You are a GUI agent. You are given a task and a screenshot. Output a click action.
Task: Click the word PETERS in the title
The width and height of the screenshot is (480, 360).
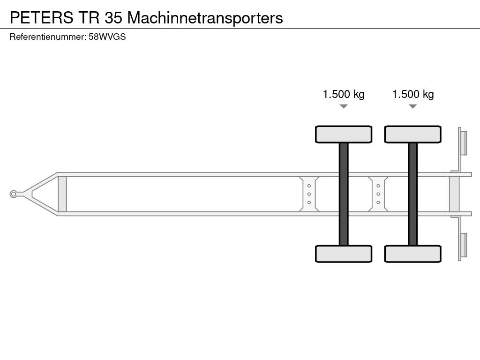click(41, 18)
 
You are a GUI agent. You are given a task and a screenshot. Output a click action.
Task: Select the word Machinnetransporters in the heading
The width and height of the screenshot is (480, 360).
click(205, 18)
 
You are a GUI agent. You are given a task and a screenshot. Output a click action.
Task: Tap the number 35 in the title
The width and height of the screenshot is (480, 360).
click(114, 18)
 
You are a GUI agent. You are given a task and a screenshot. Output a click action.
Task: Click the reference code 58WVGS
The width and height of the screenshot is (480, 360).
click(107, 37)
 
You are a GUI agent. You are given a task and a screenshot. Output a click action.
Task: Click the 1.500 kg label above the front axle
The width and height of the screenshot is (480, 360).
click(344, 94)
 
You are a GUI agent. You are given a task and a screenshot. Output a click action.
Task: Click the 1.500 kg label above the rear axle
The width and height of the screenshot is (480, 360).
click(413, 94)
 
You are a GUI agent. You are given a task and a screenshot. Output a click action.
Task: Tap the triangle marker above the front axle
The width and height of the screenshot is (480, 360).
click(344, 106)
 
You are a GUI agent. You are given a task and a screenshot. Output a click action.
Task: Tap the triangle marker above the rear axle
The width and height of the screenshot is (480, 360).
click(412, 106)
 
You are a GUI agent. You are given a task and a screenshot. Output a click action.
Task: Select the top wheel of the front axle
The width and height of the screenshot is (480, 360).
click(344, 134)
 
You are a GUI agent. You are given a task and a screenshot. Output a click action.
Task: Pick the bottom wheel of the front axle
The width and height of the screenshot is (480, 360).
click(344, 254)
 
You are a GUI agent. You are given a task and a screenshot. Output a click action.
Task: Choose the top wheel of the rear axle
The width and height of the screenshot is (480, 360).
click(412, 134)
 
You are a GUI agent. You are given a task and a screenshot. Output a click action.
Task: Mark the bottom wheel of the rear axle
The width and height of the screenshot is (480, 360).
click(412, 254)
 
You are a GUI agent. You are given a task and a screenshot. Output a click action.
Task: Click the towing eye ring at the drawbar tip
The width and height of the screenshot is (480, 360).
click(14, 194)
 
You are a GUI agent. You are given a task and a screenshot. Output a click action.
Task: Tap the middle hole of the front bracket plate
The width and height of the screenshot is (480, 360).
click(309, 194)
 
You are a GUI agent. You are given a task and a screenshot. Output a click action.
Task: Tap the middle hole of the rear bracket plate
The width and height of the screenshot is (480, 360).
click(378, 194)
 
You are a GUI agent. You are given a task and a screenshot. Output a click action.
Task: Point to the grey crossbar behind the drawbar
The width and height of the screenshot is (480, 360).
click(62, 194)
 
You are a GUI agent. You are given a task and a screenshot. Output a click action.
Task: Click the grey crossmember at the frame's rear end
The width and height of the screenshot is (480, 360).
click(454, 194)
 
